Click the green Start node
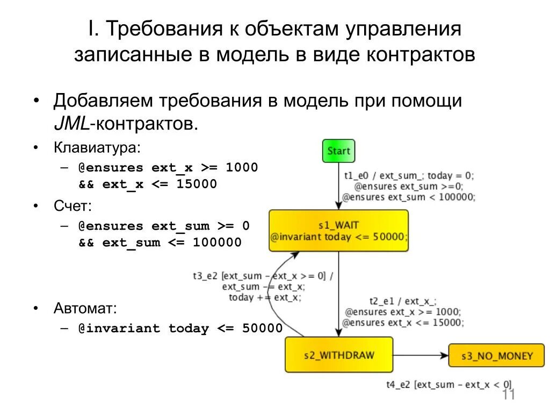338,151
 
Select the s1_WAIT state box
338,231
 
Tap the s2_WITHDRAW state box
339,355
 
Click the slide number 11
509,395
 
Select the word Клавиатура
96,147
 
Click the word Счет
73,205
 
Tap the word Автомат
85,308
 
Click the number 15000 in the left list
197,184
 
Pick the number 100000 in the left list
217,242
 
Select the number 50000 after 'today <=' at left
262,329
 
